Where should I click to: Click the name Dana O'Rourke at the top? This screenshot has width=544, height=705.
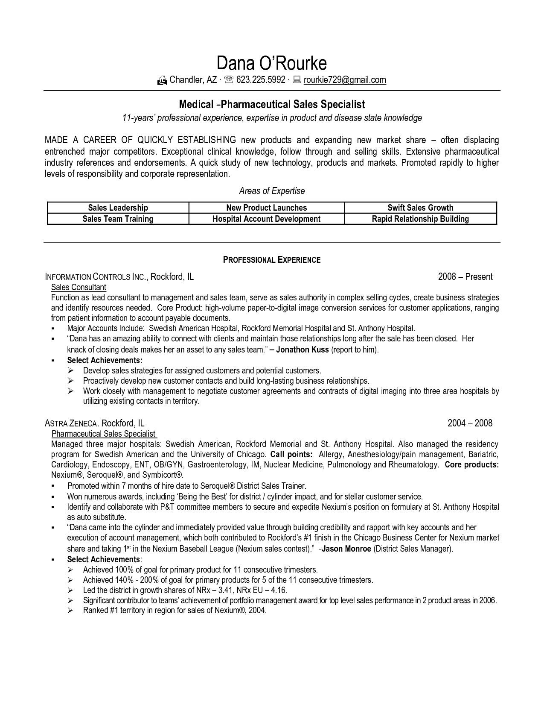click(x=272, y=63)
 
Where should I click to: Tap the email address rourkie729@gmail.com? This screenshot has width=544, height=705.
click(x=345, y=79)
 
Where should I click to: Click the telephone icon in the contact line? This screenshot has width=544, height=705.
click(x=229, y=79)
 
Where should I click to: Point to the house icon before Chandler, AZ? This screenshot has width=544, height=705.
click(x=162, y=80)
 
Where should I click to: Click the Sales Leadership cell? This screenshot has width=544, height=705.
click(x=118, y=208)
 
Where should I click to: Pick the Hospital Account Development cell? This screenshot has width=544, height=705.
click(x=266, y=219)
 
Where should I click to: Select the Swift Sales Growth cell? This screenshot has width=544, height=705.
click(x=420, y=208)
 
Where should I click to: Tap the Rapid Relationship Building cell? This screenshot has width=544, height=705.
click(x=420, y=219)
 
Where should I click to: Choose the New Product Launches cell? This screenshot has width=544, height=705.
click(x=266, y=208)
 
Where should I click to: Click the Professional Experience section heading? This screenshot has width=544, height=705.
click(x=272, y=259)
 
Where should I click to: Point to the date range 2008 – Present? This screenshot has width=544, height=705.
click(x=465, y=276)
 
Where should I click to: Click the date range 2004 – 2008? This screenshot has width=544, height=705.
click(x=470, y=423)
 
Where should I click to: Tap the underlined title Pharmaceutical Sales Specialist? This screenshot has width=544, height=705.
click(x=104, y=434)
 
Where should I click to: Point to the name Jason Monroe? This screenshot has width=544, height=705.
click(x=346, y=549)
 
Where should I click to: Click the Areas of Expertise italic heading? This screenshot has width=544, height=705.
click(x=272, y=191)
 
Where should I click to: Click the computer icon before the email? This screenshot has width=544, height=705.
click(x=297, y=79)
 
